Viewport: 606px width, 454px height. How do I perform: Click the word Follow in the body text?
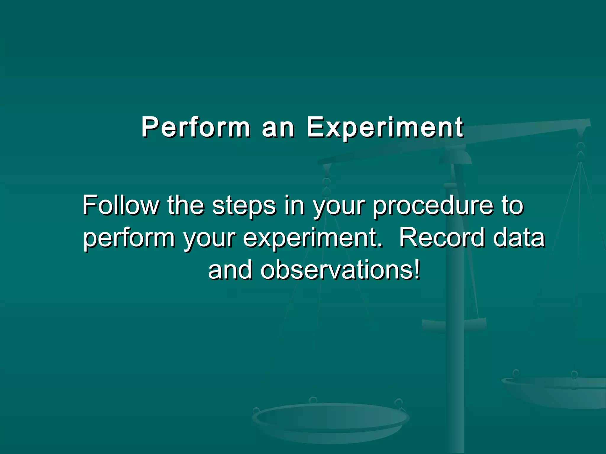(120, 205)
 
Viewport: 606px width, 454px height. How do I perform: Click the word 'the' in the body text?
(186, 205)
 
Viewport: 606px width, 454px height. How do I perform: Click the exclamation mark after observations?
(417, 269)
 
